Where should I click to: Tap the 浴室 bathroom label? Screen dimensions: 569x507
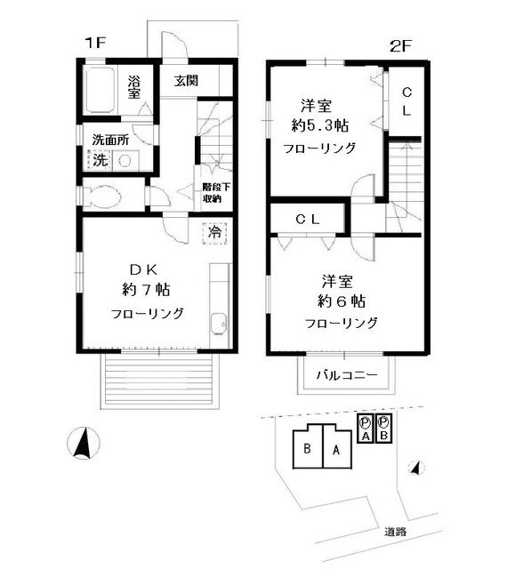(x=133, y=87)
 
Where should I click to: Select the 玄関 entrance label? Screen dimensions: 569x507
(x=186, y=81)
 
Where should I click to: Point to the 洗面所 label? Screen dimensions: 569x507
(x=111, y=140)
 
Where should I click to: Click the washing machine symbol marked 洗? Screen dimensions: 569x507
(x=100, y=161)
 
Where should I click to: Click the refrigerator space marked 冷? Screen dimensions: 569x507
(x=214, y=232)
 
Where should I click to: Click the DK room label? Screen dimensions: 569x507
(x=147, y=269)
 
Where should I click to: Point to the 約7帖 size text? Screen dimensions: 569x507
(x=147, y=290)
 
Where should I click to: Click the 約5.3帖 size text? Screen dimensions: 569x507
(x=318, y=125)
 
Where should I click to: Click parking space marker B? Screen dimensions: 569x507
(x=383, y=429)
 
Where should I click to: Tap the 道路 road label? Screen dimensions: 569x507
(x=396, y=532)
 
